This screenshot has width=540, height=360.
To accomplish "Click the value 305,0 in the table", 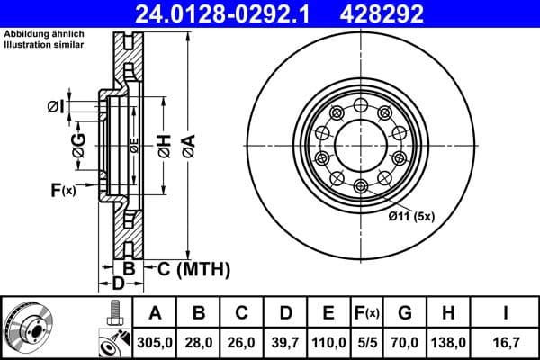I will [x=155, y=342].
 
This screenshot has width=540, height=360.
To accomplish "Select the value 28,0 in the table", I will [x=199, y=342].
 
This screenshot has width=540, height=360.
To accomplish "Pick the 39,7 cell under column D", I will [x=285, y=342].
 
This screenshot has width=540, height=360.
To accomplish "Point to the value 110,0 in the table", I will [x=328, y=342].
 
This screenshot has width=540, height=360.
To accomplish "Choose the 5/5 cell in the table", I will [x=367, y=342].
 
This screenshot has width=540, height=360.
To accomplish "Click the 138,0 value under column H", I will [x=447, y=342].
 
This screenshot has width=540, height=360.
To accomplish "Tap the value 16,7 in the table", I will [x=507, y=342].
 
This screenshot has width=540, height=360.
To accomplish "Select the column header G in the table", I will [x=405, y=313].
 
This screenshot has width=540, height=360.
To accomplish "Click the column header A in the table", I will [x=155, y=313].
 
